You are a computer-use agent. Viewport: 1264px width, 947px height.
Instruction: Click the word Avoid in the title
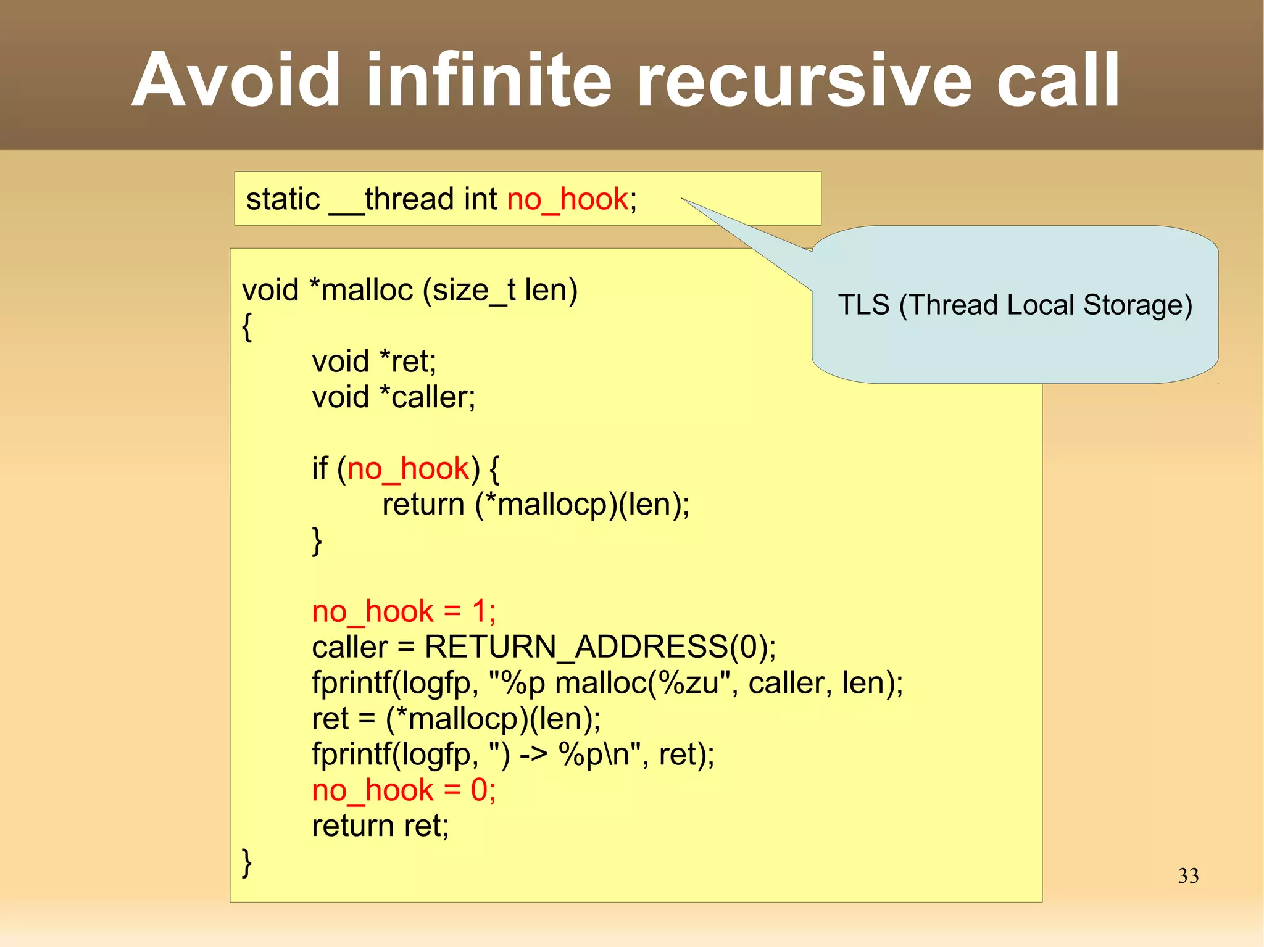[x=236, y=80]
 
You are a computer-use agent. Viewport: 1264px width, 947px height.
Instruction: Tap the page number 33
[x=1187, y=875]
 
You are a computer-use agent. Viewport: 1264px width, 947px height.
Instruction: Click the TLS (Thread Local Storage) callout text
[x=1015, y=305]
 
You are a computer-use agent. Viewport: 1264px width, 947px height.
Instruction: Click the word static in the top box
[x=283, y=199]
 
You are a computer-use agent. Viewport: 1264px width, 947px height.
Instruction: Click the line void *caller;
[x=393, y=397]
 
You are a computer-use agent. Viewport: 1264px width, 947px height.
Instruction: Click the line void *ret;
[x=374, y=361]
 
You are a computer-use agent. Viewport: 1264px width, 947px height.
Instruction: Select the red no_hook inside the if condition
[x=409, y=468]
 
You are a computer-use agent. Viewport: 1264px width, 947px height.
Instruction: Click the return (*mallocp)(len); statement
[x=535, y=505]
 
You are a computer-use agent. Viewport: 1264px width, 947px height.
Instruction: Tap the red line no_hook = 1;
[x=404, y=611]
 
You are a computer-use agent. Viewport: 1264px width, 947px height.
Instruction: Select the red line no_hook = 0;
[x=404, y=790]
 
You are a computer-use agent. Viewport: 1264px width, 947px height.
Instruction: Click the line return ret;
[x=380, y=826]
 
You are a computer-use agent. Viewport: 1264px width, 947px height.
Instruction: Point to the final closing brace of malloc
[x=247, y=862]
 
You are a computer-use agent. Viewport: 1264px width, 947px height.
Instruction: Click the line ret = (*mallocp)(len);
[x=456, y=719]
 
